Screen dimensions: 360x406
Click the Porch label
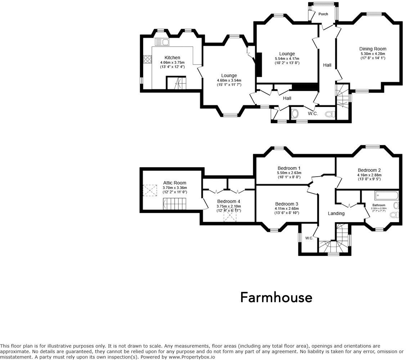click(323, 14)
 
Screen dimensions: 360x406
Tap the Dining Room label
click(373, 49)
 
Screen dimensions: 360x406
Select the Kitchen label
click(172, 58)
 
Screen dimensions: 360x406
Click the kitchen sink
click(162, 42)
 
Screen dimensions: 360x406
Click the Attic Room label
click(175, 183)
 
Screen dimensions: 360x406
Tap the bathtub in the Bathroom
click(386, 196)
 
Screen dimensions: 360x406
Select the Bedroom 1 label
click(289, 168)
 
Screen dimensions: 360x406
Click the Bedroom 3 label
click(287, 204)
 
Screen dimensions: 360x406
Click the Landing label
click(336, 213)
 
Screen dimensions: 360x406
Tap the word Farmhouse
click(276, 298)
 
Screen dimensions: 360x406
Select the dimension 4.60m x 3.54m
click(229, 80)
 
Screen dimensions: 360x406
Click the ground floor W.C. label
click(312, 114)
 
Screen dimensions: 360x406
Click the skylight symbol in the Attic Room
click(150, 190)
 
